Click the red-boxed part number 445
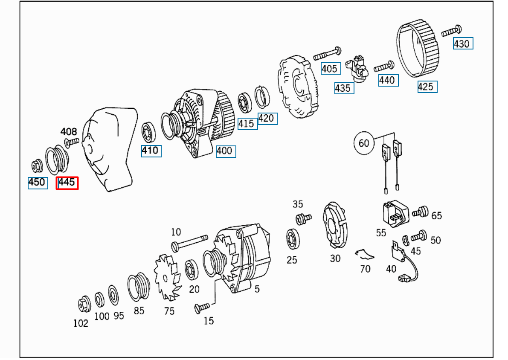[67, 183]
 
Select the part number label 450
[38, 183]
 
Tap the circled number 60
[364, 143]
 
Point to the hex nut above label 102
[84, 304]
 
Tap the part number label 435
[344, 88]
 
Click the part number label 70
[365, 269]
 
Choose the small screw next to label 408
[72, 142]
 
